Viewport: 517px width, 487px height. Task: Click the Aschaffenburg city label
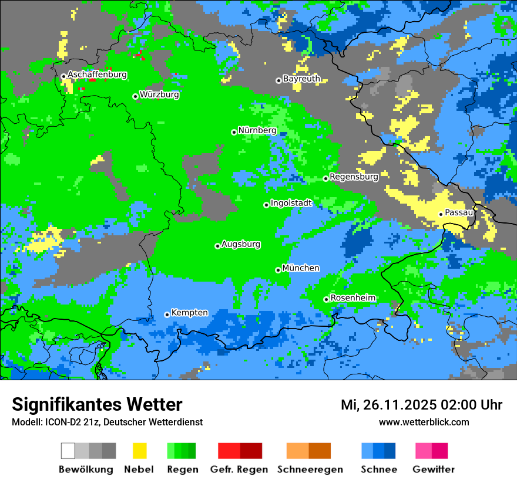(x=97, y=75)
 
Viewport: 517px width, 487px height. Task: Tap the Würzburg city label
(x=159, y=94)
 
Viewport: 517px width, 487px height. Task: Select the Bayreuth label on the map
(x=301, y=79)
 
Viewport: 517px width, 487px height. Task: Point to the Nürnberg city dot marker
(x=234, y=132)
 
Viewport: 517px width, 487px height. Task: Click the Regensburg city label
(x=354, y=177)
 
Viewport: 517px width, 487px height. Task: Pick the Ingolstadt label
(x=291, y=203)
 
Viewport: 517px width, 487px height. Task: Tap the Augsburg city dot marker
(x=217, y=246)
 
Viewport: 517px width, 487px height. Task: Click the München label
(x=301, y=268)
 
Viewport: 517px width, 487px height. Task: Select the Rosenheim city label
(x=352, y=298)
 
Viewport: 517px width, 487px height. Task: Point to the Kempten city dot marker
(x=167, y=314)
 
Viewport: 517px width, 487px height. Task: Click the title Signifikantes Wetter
(x=97, y=405)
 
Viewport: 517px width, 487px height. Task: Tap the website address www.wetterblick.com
(x=424, y=422)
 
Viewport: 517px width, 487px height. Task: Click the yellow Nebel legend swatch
(x=139, y=451)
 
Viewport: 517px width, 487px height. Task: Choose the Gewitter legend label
(x=433, y=469)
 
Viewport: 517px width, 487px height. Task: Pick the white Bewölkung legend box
(x=68, y=451)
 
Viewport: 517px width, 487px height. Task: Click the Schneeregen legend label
(x=310, y=469)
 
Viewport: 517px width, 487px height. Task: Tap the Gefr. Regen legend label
(x=239, y=469)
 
